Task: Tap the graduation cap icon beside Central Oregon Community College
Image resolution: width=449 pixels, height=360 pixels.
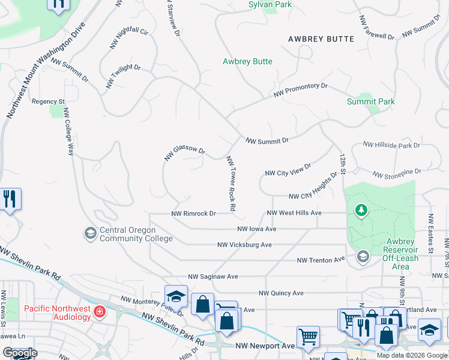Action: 91,233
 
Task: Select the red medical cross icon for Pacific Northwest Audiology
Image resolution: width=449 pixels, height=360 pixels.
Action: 99,311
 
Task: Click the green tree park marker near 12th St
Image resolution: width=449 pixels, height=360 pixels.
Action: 361,210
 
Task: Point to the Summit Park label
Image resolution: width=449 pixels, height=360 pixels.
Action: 371,101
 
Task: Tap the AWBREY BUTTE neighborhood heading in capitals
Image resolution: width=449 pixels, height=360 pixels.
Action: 321,38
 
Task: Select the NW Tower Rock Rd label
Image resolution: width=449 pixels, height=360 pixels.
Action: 231,184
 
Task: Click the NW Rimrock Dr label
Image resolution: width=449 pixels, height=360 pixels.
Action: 193,213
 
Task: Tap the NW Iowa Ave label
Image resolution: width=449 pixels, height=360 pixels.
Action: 256,229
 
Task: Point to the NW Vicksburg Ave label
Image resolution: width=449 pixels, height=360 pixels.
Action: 244,245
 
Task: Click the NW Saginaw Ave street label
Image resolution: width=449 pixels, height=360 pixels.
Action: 213,277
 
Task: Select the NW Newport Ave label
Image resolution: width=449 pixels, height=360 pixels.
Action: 265,346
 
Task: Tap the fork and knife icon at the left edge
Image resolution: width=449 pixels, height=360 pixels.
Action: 9,199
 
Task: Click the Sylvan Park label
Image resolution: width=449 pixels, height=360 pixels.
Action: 270,4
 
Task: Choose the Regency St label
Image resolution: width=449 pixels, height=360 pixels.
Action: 48,101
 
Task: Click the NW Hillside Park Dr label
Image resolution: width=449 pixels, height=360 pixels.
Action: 391,145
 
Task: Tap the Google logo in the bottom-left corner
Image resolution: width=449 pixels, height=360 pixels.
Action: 19,353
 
